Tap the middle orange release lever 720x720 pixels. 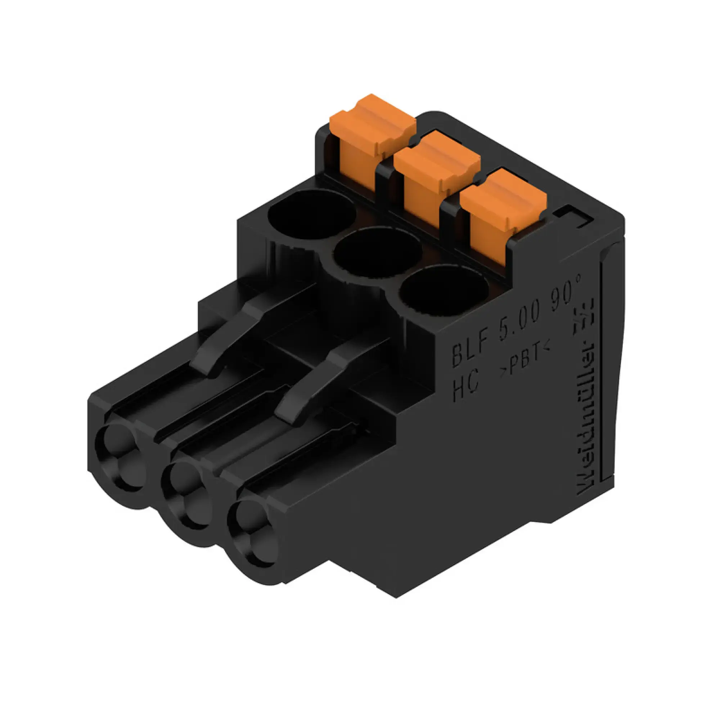pyautogui.click(x=436, y=171)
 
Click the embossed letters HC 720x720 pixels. pyautogui.click(x=465, y=388)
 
